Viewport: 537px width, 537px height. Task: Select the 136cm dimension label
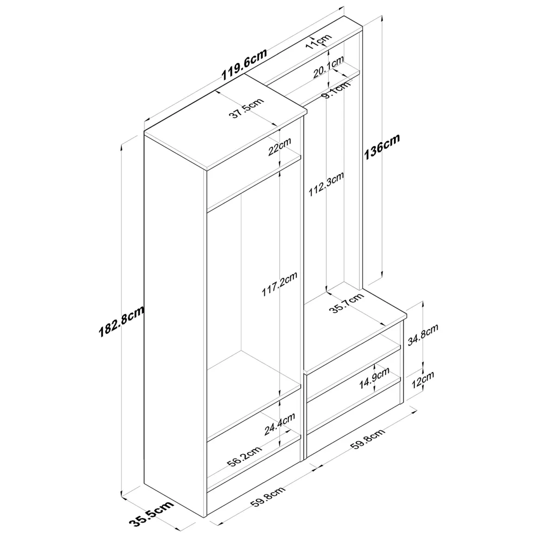381,147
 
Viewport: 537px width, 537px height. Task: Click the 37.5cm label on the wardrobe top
247,108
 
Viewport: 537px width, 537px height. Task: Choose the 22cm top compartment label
280,147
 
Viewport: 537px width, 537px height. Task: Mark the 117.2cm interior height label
280,284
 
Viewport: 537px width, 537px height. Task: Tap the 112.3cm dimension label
326,184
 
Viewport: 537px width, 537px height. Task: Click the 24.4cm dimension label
280,425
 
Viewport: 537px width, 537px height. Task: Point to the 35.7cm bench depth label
347,303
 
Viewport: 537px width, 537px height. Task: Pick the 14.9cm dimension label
375,378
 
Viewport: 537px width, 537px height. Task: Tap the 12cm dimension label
423,379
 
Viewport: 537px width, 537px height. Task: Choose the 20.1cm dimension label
328,68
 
